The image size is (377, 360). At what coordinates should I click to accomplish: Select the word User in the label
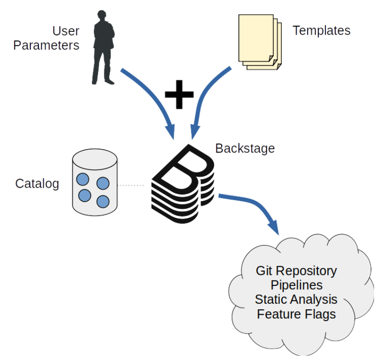pyautogui.click(x=66, y=32)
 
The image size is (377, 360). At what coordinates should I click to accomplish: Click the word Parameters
pyautogui.click(x=46, y=46)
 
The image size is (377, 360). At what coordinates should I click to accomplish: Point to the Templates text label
pyautogui.click(x=321, y=31)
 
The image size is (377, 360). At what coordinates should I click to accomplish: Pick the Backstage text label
pyautogui.click(x=245, y=148)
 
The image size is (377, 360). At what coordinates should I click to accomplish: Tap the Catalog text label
pyautogui.click(x=37, y=183)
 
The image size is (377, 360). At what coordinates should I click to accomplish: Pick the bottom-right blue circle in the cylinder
pyautogui.click(x=102, y=201)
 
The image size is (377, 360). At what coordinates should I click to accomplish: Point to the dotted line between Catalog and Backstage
pyautogui.click(x=131, y=185)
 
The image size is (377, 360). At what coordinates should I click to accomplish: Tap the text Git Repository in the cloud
pyautogui.click(x=296, y=270)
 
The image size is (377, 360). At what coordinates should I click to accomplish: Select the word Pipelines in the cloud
pyautogui.click(x=296, y=285)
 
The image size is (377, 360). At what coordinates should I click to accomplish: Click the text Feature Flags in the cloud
pyautogui.click(x=296, y=314)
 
